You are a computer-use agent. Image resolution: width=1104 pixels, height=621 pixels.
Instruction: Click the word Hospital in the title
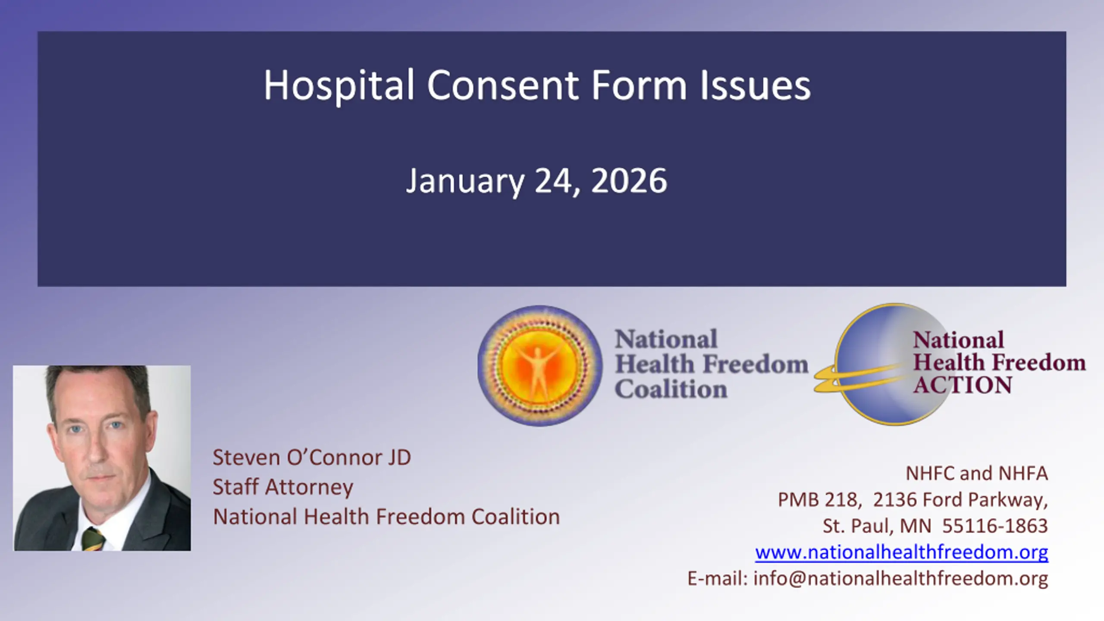coord(339,86)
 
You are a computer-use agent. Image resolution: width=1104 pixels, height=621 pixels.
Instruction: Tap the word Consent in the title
coord(503,85)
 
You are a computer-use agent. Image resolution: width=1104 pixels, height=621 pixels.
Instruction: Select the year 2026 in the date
coord(629,181)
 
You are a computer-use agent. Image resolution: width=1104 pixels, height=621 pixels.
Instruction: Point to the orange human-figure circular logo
coord(539,366)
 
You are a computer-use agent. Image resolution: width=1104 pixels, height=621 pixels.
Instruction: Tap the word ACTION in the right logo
coord(963,385)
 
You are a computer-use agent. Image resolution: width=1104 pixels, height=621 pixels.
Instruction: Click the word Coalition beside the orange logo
coord(671,389)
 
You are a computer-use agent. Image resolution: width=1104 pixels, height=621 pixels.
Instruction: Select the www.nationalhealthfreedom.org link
coord(902,552)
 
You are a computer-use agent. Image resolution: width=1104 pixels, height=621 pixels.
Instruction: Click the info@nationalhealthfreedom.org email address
coord(901,579)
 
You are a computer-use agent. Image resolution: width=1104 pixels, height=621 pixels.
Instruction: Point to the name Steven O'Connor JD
coord(312,458)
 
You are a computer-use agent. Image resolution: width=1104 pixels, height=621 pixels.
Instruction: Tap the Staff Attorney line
coord(283,487)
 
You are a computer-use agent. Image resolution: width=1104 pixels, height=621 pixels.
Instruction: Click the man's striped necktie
coord(94,539)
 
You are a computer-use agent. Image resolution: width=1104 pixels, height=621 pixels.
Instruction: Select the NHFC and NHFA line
coord(977,474)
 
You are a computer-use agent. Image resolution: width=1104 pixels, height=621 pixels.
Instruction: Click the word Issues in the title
coord(755,85)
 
